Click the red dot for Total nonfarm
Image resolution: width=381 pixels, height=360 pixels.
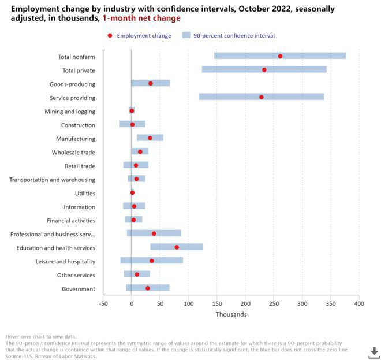click(x=280, y=56)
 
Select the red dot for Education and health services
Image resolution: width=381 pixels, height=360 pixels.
click(x=177, y=247)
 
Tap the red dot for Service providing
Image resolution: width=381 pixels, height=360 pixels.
click(x=262, y=97)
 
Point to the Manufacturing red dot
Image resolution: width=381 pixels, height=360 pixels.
click(x=150, y=138)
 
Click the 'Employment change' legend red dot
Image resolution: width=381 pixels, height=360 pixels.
click(x=110, y=36)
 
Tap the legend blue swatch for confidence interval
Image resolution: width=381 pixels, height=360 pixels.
click(x=186, y=36)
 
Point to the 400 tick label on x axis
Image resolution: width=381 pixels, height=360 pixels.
click(x=359, y=303)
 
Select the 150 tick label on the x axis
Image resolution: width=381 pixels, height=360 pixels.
click(x=216, y=303)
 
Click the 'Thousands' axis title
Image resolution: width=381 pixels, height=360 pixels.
click(x=231, y=314)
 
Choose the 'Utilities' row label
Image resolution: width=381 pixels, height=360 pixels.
click(x=85, y=193)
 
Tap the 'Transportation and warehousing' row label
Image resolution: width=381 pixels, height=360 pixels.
click(x=53, y=179)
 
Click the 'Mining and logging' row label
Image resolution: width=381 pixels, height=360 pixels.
click(x=70, y=111)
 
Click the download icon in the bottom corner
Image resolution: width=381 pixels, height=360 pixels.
click(x=374, y=352)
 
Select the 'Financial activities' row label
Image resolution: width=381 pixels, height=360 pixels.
click(x=72, y=220)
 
